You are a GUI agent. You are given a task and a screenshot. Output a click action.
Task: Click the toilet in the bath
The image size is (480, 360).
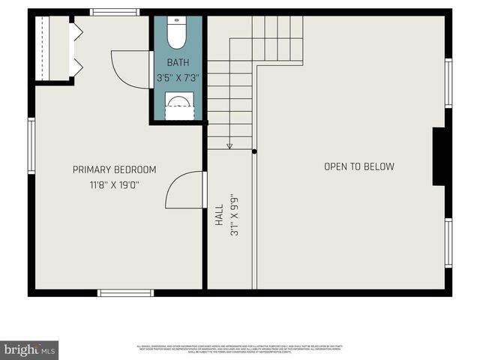(x=176, y=34)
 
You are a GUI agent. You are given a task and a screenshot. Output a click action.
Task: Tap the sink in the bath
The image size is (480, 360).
(x=178, y=106)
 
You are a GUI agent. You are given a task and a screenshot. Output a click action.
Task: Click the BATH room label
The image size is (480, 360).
(x=178, y=63)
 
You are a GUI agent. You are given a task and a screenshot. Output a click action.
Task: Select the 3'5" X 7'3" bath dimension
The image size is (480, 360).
(x=178, y=77)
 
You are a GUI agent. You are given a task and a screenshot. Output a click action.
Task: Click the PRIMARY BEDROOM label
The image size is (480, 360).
(x=115, y=169)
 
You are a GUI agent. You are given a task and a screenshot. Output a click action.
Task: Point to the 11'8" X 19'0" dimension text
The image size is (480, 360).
(x=115, y=184)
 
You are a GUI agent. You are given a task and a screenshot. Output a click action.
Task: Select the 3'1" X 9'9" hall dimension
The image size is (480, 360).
(x=234, y=217)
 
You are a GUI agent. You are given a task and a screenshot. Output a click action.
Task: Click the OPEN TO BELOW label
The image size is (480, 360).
(x=358, y=166)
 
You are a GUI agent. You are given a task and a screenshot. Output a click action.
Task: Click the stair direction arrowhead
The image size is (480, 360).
(x=229, y=146)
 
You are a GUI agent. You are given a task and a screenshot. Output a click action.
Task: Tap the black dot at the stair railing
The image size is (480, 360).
(x=255, y=151)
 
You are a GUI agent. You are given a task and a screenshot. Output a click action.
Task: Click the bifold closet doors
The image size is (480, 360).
(x=75, y=49)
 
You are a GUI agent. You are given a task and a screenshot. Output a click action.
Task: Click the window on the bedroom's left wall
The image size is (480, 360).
(x=31, y=145)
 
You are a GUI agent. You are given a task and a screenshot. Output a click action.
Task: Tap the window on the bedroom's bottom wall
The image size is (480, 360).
(x=126, y=292)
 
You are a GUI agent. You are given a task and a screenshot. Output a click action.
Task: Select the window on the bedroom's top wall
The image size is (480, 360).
(x=114, y=12)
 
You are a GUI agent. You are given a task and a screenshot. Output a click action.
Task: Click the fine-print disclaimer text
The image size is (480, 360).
(x=240, y=348)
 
